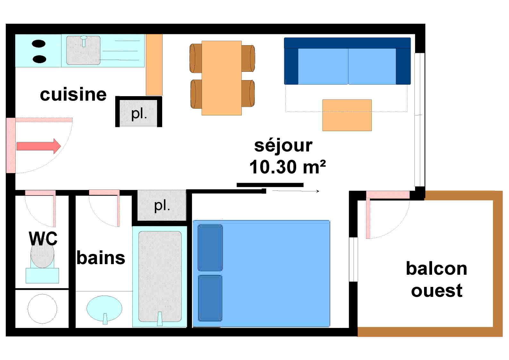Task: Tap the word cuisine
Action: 73,94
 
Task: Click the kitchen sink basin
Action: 83,50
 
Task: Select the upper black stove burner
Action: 39,44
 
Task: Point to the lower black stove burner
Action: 39,59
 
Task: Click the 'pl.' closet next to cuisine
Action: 139,113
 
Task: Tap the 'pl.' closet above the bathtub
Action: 162,205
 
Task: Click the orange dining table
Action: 221,78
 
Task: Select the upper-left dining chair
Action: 195,58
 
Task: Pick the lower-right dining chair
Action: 248,93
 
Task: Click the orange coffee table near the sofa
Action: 347,115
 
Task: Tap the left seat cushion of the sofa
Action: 323,66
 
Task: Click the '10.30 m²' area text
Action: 287,167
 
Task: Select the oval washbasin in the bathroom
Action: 104,308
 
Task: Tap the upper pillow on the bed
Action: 210,247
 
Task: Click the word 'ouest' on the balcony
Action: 436,290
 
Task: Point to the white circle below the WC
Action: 42,309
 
